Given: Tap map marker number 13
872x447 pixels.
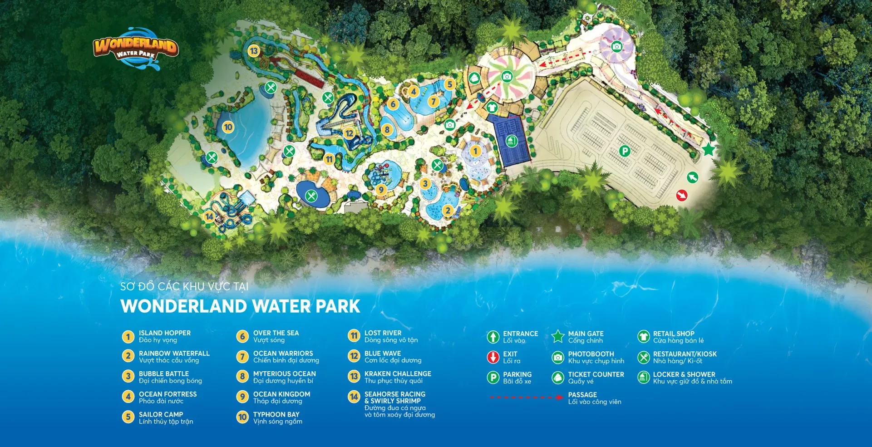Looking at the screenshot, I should tap(253, 51).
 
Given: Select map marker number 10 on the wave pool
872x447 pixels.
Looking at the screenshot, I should tap(228, 128).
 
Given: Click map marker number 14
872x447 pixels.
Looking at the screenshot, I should tap(209, 216).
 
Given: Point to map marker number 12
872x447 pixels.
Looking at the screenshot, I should tap(349, 133).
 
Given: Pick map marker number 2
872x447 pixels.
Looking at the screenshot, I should tap(448, 210).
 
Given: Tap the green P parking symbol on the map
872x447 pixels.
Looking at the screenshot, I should tap(625, 151).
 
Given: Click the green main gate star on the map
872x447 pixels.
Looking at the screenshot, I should tap(708, 149).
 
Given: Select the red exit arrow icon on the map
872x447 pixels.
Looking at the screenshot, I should tap(681, 195).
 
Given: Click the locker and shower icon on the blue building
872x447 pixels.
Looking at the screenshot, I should tap(511, 141).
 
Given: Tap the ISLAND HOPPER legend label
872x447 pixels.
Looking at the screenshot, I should tap(164, 333).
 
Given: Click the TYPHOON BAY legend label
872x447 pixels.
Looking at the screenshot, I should tap(276, 414).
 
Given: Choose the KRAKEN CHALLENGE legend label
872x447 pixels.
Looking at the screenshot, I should tap(398, 374).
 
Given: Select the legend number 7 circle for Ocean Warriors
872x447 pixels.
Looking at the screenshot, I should tap(242, 357).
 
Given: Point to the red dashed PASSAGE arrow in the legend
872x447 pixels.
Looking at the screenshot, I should tap(527, 398).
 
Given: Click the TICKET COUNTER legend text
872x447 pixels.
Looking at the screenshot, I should tap(596, 374).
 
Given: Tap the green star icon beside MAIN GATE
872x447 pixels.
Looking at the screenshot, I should tap(558, 337).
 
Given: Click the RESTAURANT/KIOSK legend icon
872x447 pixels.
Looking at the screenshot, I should tap(643, 358).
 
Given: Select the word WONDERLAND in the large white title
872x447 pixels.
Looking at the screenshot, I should tap(184, 306).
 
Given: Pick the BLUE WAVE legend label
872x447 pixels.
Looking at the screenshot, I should tap(382, 354).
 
